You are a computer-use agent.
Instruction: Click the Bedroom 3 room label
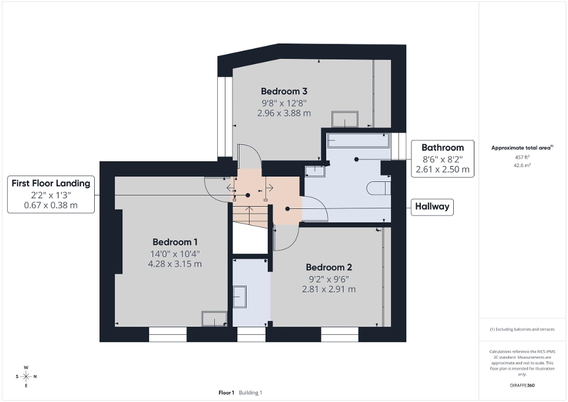pyautogui.click(x=284, y=91)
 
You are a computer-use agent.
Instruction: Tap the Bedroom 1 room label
pyautogui.click(x=175, y=242)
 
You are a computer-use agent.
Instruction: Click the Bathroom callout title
pyautogui.click(x=442, y=148)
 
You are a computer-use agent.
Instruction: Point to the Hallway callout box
pyautogui.click(x=432, y=207)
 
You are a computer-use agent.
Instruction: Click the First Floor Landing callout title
pyautogui.click(x=51, y=183)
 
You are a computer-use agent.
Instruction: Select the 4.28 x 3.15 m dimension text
pyautogui.click(x=175, y=264)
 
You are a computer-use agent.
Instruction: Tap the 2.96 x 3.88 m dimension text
pyautogui.click(x=284, y=113)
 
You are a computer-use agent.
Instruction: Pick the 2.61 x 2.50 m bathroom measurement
pyautogui.click(x=442, y=170)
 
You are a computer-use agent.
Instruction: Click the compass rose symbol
pyautogui.click(x=26, y=376)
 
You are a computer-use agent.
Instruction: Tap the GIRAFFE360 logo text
pyautogui.click(x=523, y=386)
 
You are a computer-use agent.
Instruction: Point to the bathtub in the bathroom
pyautogui.click(x=358, y=141)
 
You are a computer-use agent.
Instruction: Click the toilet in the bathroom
pyautogui.click(x=377, y=188)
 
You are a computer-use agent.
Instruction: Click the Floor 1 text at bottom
pyautogui.click(x=227, y=393)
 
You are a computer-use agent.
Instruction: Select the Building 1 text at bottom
pyautogui.click(x=251, y=393)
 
